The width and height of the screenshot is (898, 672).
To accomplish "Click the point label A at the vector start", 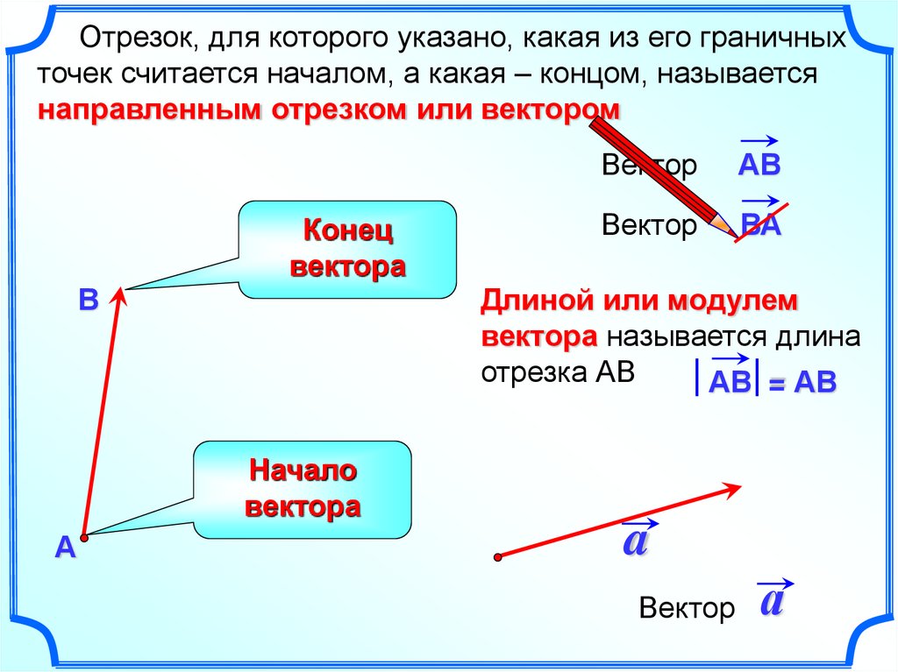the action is pyautogui.click(x=65, y=548).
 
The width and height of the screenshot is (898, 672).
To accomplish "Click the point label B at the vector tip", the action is pyautogui.click(x=88, y=300).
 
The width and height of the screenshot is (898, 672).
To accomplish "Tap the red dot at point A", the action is pyautogui.click(x=83, y=536).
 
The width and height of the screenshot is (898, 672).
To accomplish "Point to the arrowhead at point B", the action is pyautogui.click(x=119, y=299).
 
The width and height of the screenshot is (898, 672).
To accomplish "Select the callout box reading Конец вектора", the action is pyautogui.click(x=348, y=249).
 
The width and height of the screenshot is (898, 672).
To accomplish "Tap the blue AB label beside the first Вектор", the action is pyautogui.click(x=759, y=166).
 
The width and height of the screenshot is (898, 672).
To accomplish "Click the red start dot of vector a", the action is pyautogui.click(x=497, y=556).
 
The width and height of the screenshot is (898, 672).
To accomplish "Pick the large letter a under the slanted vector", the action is pyautogui.click(x=634, y=541).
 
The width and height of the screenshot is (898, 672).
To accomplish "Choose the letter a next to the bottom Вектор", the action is pyautogui.click(x=772, y=602).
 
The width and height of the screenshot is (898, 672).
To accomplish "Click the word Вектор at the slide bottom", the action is pyautogui.click(x=687, y=608).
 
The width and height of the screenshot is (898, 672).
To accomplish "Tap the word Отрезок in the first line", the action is pyautogui.click(x=131, y=39).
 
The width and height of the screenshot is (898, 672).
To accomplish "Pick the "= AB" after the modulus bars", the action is pyautogui.click(x=802, y=383).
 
